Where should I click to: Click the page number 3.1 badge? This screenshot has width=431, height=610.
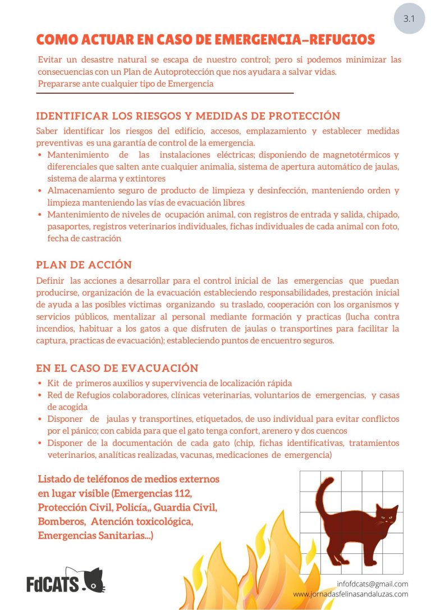coord(409,19)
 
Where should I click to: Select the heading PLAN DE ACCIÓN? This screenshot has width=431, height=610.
coord(84,265)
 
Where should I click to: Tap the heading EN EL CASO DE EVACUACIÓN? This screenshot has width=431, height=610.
coord(117,368)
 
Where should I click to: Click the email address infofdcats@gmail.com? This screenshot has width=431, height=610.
coord(373,584)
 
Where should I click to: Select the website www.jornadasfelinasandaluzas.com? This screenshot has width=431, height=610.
coord(351,594)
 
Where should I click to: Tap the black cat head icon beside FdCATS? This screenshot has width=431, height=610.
coord(93,580)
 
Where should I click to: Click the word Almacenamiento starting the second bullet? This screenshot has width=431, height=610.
coord(82,190)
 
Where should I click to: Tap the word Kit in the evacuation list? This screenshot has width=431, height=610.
coord(54,383)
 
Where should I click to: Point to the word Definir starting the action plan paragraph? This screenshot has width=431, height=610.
coord(50,280)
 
